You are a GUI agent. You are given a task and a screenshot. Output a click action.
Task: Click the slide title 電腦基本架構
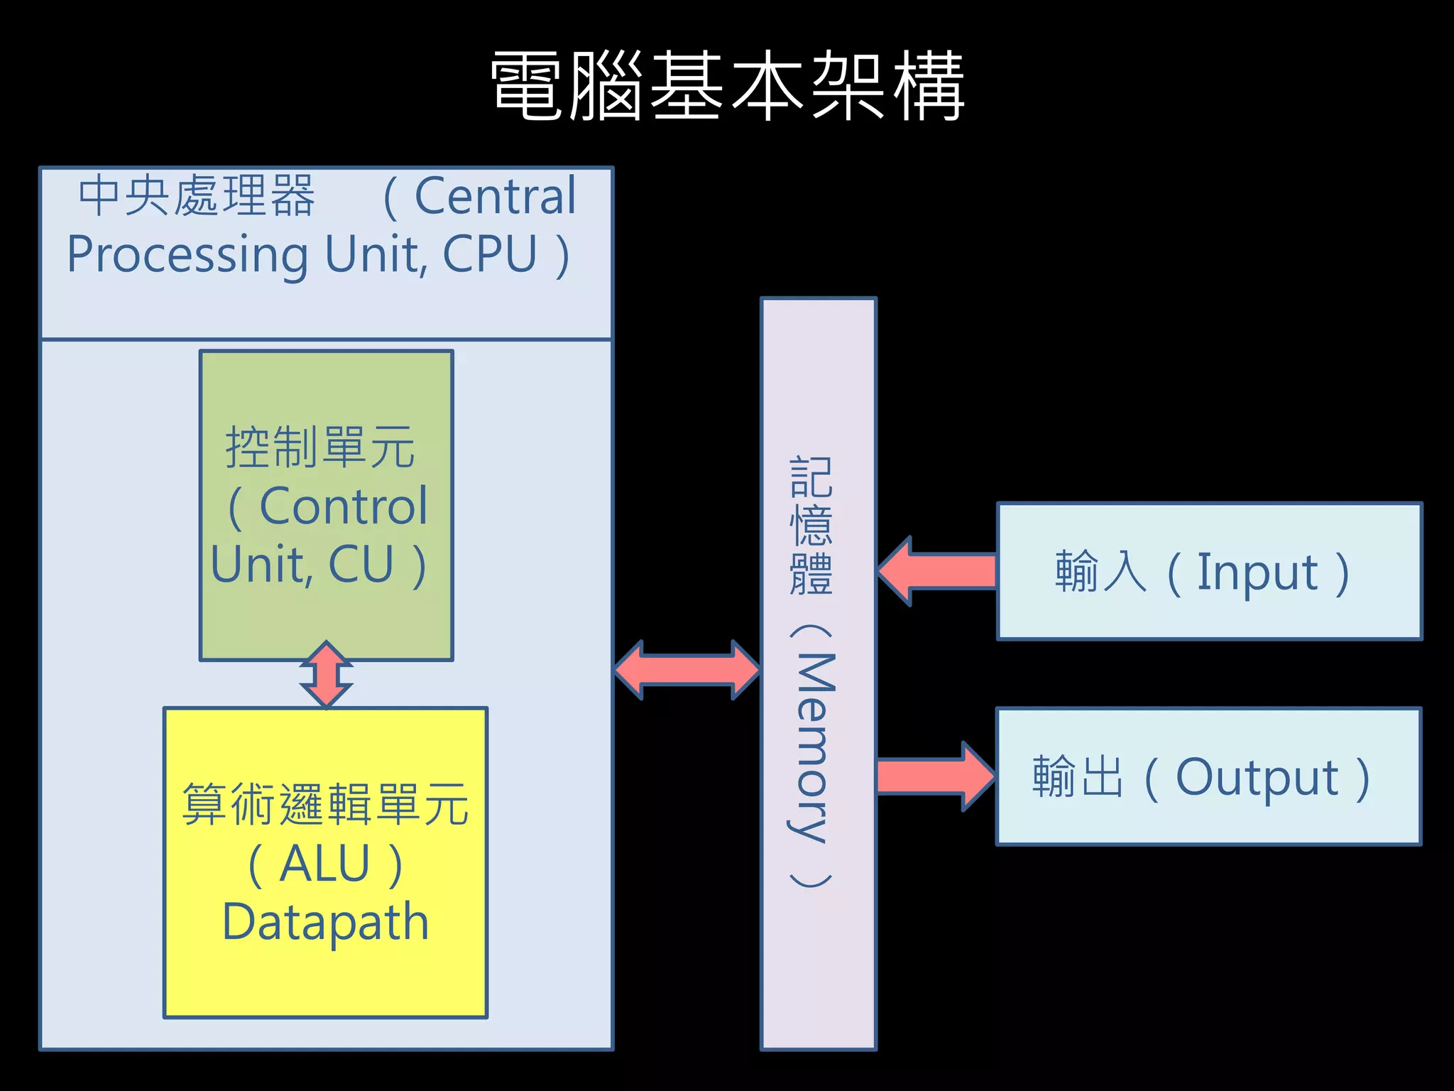pos(727,85)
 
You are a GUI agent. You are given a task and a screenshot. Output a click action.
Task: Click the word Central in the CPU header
pos(495,196)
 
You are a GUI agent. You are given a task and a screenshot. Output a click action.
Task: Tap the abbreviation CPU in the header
pos(490,254)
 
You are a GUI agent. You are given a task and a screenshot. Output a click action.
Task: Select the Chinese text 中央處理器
pos(197,196)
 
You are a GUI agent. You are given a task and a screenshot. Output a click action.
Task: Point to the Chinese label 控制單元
pos(320,447)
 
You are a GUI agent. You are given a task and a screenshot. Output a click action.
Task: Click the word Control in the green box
pos(344,507)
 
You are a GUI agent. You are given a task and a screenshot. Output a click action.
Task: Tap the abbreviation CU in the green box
pos(361,565)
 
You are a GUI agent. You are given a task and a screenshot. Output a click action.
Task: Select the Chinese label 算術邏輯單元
pos(325,805)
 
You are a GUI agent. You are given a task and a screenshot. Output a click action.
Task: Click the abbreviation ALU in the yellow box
pos(325,864)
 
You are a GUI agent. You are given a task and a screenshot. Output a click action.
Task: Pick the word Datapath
pos(325,922)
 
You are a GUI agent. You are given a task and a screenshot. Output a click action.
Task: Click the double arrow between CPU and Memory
pos(687,670)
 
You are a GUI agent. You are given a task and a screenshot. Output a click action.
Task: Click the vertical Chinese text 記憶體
pos(811,526)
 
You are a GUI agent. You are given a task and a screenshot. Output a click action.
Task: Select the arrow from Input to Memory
pos(937,571)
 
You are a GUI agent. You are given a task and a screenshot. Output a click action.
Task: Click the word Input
pos(1257,572)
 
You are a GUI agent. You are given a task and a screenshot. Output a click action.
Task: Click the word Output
pos(1257,778)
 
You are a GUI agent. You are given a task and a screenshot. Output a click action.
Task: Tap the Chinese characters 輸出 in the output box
pos(1078,777)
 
